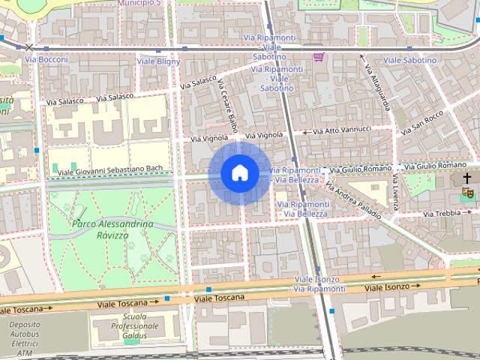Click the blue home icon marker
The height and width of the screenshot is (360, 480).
pyautogui.click(x=239, y=173)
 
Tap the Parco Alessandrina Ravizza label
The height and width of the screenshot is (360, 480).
pyautogui.click(x=113, y=229)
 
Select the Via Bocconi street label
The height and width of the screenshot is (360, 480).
pyautogui.click(x=46, y=59)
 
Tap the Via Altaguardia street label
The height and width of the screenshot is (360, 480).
pyautogui.click(x=377, y=86)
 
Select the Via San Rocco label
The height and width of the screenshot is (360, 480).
pyautogui.click(x=422, y=122)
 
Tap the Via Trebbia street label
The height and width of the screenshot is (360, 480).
pyautogui.click(x=442, y=214)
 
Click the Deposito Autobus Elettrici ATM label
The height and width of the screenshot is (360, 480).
pyautogui.click(x=25, y=338)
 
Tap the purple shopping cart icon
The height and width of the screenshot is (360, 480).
pyautogui.click(x=319, y=56)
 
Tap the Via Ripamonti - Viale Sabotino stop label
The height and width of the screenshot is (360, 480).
pyautogui.click(x=271, y=79)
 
